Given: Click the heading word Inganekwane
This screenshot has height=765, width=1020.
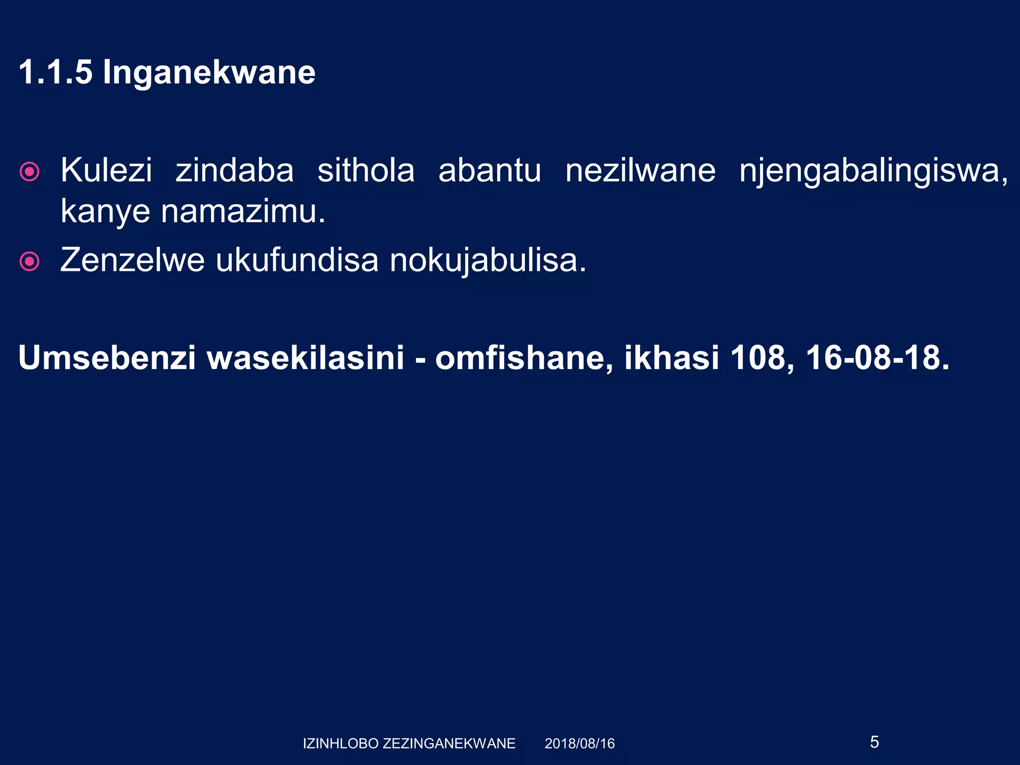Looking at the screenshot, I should [209, 73].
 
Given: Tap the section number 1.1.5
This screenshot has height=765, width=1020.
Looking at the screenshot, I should [55, 73].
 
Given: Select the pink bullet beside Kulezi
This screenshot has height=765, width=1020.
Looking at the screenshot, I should [29, 172].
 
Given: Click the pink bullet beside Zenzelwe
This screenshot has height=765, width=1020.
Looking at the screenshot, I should [29, 261].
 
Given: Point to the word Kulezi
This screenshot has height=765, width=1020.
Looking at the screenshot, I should [106, 170].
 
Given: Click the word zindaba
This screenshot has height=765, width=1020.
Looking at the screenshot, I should [235, 170].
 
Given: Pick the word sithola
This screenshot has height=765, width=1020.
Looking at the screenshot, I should [366, 170].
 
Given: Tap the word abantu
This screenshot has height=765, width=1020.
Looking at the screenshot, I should [490, 170].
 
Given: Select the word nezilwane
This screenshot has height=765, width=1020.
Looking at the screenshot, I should [640, 170].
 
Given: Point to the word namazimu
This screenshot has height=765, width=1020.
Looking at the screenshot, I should [243, 211].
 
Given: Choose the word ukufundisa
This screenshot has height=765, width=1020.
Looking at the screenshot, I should [297, 260].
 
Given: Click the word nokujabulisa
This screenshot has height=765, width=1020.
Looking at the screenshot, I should [488, 261].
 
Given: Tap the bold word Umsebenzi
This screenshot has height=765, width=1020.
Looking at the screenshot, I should [107, 358].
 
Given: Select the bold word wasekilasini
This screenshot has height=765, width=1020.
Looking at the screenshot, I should [305, 358].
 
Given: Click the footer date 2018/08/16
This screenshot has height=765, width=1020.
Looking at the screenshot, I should [580, 744].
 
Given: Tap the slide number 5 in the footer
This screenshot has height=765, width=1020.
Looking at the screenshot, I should [875, 742].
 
